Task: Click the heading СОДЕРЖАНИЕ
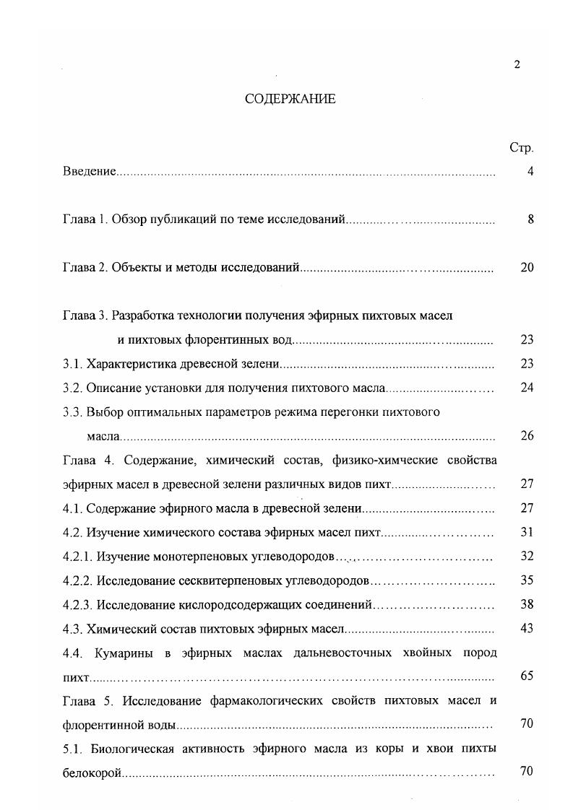click(x=290, y=100)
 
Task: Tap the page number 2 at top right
click(x=517, y=65)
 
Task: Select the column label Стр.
click(x=521, y=148)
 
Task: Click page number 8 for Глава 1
click(x=530, y=219)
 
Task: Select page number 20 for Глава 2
click(x=527, y=268)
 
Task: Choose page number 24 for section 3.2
click(x=527, y=388)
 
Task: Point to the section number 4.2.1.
click(x=77, y=557)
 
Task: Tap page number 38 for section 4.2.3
click(x=527, y=604)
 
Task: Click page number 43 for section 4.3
click(x=527, y=628)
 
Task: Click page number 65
click(x=527, y=676)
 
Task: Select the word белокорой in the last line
click(x=91, y=772)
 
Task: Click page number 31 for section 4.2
click(x=527, y=532)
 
